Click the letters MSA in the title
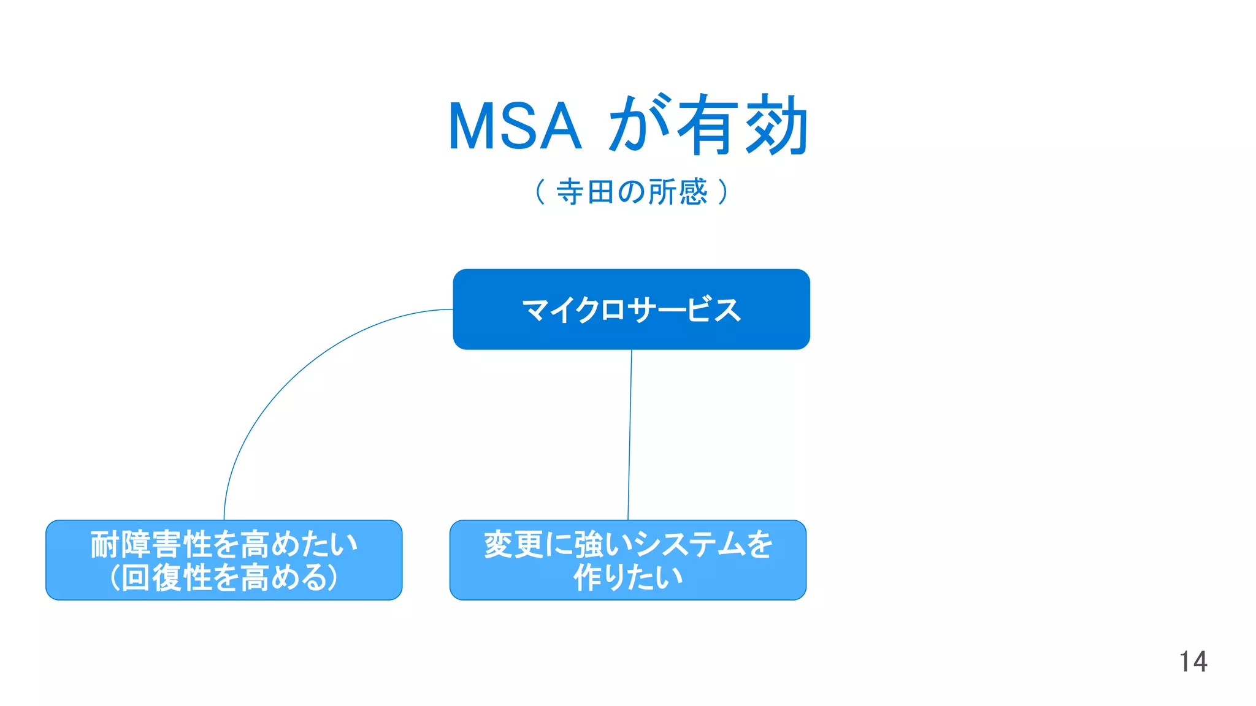514,126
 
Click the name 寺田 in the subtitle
585,192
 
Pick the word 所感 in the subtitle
678,192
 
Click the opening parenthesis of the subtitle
540,192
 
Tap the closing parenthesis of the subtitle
724,192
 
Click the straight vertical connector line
630,435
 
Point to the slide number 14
1193,662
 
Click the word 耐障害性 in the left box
151,544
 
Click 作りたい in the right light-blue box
627,577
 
